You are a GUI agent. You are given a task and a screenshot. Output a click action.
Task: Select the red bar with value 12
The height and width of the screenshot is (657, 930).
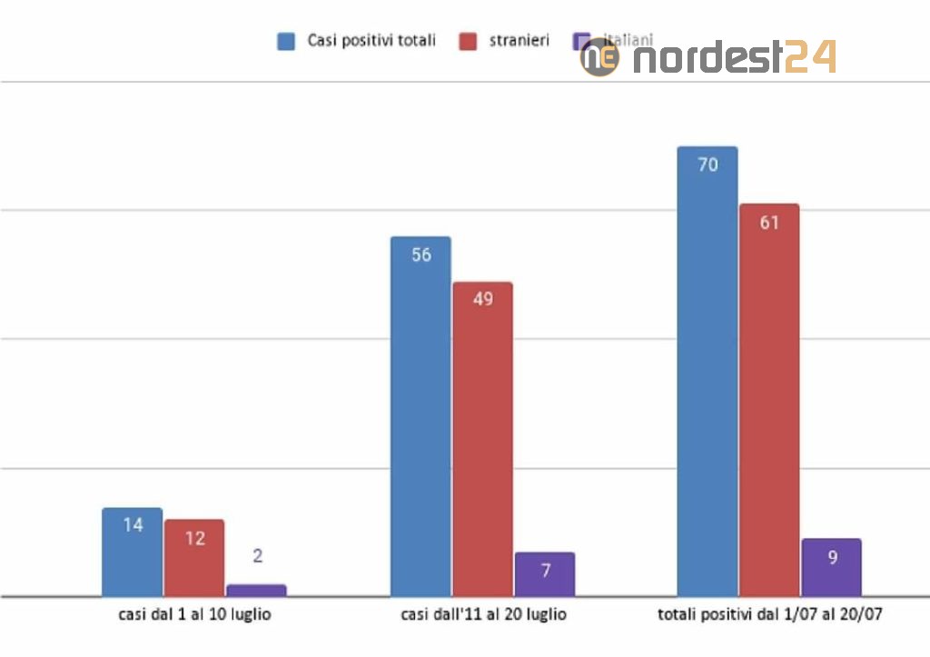click(x=194, y=558)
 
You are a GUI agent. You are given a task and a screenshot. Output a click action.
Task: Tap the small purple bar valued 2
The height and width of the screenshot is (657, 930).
click(x=256, y=590)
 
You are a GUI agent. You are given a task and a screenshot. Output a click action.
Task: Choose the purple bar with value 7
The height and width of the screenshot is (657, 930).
click(x=545, y=574)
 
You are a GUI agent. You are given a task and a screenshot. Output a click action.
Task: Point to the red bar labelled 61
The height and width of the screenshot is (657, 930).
click(x=769, y=400)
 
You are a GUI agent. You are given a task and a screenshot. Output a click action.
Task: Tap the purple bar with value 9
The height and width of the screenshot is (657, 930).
click(x=831, y=567)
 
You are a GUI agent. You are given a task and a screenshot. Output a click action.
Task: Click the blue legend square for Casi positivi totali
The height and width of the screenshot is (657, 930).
click(x=287, y=41)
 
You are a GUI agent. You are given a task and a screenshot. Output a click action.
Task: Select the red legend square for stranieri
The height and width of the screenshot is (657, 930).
click(x=469, y=41)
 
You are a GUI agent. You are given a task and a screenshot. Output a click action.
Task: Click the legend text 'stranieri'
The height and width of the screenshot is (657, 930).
click(x=519, y=41)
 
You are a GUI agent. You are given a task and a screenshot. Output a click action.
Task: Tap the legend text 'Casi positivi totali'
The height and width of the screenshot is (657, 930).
click(x=371, y=41)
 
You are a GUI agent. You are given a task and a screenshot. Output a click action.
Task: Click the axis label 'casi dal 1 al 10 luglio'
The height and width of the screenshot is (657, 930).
click(x=194, y=615)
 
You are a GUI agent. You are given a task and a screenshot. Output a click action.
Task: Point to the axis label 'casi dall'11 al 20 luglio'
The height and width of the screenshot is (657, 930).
click(x=483, y=615)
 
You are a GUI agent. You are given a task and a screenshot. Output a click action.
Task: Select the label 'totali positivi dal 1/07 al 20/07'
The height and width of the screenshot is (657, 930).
click(x=770, y=615)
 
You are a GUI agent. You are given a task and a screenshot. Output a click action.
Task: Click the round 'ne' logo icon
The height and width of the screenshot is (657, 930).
click(x=599, y=57)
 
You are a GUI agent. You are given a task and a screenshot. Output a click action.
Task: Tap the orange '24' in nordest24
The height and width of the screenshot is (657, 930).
click(x=810, y=57)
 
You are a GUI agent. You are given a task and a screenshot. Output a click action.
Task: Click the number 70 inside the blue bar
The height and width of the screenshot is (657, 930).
click(x=707, y=164)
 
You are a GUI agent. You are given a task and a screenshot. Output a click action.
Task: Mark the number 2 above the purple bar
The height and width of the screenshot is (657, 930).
click(x=257, y=556)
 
